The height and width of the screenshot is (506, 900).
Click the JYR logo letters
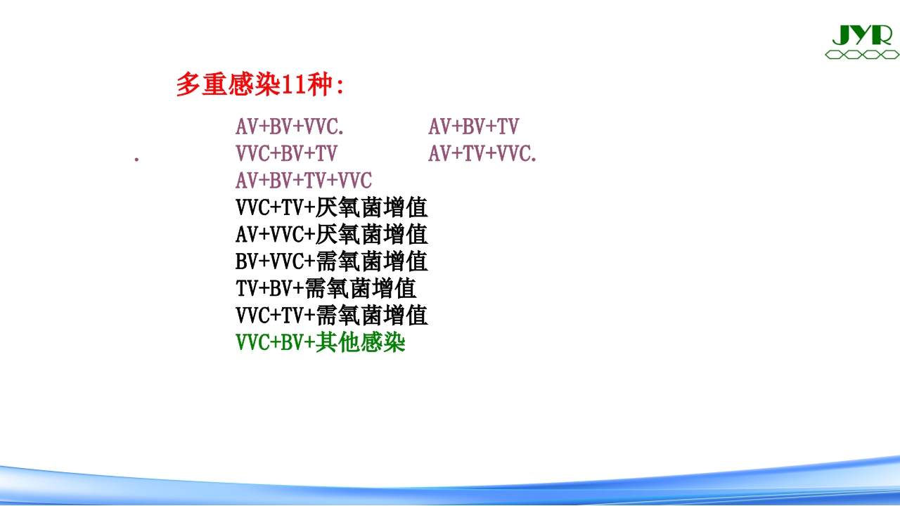pos(861,34)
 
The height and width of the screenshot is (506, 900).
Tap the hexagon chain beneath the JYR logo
pos(861,54)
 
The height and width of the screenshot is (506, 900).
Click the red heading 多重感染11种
pos(259,85)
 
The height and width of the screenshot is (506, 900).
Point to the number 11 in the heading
pos(291,85)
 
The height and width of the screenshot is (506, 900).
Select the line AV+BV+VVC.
pos(290,127)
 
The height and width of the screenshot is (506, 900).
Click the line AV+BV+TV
pos(473,127)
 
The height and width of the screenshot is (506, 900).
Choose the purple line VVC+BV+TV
pos(286,154)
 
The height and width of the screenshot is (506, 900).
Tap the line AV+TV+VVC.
pos(482,154)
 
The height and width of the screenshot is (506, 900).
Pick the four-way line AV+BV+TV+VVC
pos(303,181)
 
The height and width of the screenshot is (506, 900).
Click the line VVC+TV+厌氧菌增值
pos(331,208)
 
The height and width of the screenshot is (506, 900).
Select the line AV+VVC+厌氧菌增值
pos(331,235)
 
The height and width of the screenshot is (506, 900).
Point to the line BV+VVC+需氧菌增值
pos(331,261)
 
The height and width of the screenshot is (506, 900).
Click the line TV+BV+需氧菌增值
pos(326,288)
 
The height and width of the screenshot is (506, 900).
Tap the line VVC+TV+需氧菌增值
pos(331,315)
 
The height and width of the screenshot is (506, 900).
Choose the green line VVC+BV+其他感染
pos(321,342)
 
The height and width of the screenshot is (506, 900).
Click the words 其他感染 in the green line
pos(361,342)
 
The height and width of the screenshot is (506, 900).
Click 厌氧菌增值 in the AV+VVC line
pos(371,235)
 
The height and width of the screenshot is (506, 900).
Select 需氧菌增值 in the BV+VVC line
pos(371,261)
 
